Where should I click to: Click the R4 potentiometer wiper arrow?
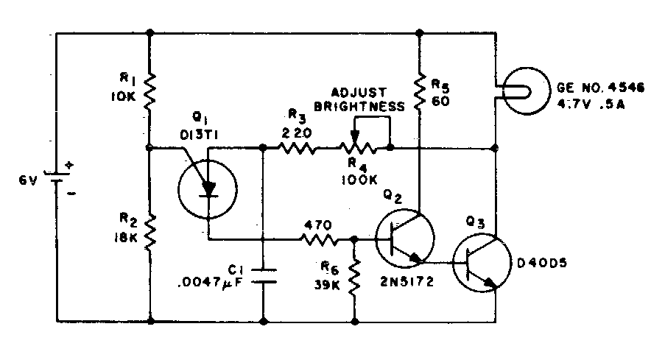355,137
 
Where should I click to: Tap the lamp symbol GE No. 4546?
524,89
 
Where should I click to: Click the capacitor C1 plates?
264,275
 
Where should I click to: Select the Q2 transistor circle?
404,239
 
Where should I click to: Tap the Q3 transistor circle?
479,265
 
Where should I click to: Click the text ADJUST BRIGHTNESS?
359,99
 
